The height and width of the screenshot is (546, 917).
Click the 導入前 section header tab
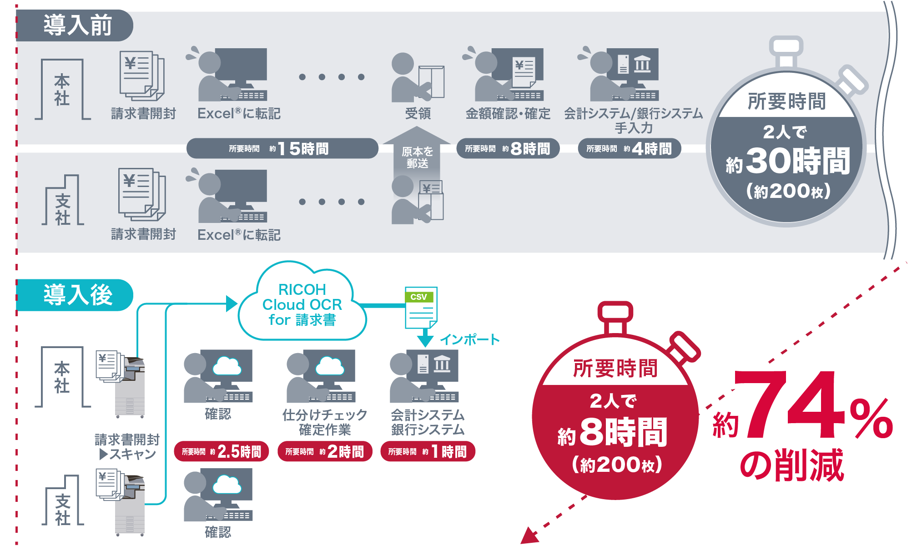click(75, 25)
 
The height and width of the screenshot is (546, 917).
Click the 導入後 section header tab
click(75, 295)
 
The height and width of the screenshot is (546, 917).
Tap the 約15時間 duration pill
click(282, 148)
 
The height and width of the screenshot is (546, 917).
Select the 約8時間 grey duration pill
click(508, 148)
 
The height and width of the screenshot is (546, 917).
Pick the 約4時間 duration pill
click(629, 148)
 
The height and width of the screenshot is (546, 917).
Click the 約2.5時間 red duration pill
click(222, 451)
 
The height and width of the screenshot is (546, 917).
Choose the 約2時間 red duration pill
click(325, 451)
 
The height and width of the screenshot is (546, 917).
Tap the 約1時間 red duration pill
click(428, 451)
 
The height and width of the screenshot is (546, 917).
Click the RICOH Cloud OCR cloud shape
click(302, 304)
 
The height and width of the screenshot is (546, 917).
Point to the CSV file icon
click(421, 308)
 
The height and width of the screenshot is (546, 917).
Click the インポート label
click(469, 339)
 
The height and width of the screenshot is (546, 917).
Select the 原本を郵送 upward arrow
click(417, 155)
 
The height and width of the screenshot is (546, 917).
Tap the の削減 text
click(791, 465)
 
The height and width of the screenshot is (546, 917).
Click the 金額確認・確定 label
click(508, 113)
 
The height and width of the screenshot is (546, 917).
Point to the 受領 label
click(418, 113)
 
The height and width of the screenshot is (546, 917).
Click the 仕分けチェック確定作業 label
click(325, 422)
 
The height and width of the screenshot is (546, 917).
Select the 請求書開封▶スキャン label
click(127, 446)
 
